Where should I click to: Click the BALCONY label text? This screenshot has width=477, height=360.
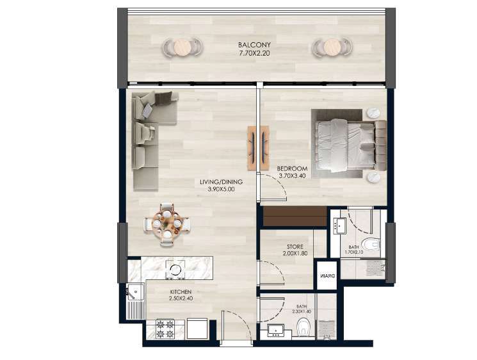click(254, 45)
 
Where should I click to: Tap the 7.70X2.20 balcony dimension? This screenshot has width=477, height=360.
click(254, 53)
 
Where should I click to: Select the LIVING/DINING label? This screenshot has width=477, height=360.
click(221, 182)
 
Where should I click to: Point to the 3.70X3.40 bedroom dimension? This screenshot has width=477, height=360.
click(292, 176)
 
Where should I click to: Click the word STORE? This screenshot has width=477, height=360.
click(295, 247)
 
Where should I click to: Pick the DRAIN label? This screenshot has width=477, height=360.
click(327, 275)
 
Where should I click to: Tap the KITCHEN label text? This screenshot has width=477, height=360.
click(181, 292)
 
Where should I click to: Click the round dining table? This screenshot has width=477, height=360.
click(166, 224)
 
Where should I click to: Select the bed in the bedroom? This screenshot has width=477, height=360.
click(349, 145)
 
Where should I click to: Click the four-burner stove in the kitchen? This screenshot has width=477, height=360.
click(165, 329)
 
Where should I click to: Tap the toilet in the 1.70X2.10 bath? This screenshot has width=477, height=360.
click(373, 244)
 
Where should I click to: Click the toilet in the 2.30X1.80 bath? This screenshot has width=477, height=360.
click(303, 327)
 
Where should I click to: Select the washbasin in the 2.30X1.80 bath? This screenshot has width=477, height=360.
click(275, 330)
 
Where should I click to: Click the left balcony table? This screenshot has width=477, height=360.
click(182, 47)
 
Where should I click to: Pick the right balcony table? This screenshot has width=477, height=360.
click(332, 47)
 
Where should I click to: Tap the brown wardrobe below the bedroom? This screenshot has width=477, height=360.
click(295, 216)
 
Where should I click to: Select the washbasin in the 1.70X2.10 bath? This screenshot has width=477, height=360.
click(339, 225)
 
